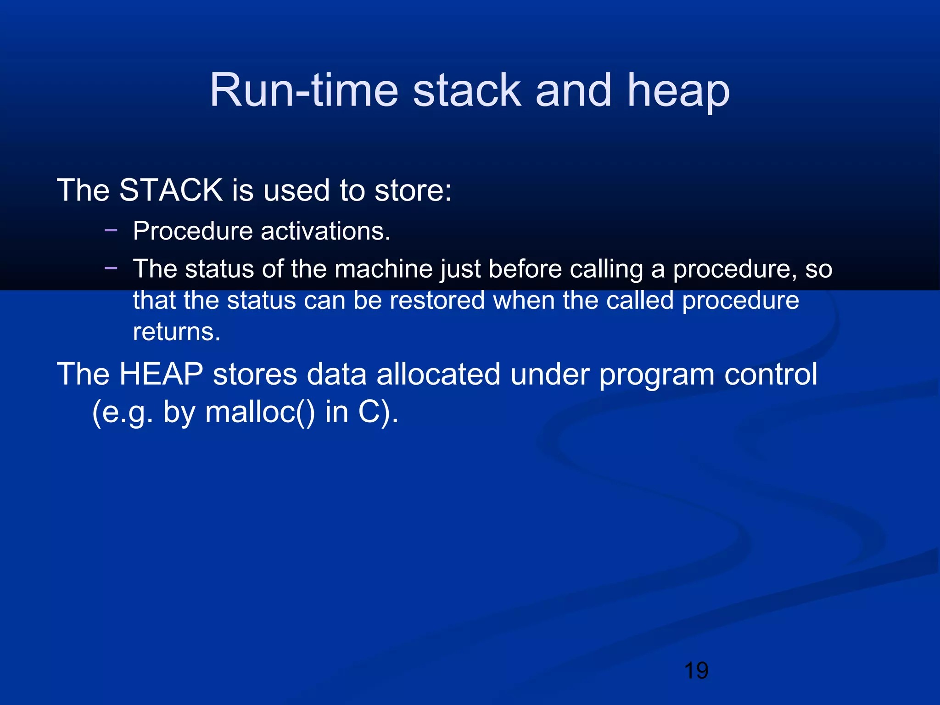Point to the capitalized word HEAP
[161, 374]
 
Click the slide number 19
[696, 671]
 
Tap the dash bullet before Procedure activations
[111, 229]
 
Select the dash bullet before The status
[111, 268]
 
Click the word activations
[325, 231]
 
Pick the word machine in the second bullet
[384, 269]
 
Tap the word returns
[177, 332]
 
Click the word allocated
[438, 374]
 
